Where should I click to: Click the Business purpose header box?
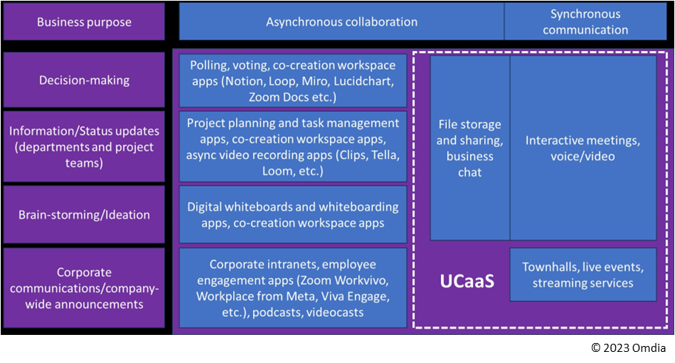[x=84, y=22]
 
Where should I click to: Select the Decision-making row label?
[x=84, y=79]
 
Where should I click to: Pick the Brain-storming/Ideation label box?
[x=84, y=215]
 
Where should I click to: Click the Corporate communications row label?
[x=84, y=288]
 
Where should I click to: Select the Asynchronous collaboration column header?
[x=341, y=21]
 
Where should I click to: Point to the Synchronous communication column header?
[x=585, y=21]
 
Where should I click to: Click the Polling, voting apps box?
[x=293, y=79]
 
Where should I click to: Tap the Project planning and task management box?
[x=293, y=146]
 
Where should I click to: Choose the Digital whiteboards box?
[x=293, y=215]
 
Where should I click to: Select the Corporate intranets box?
[x=293, y=288]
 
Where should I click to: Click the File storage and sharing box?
[x=469, y=148]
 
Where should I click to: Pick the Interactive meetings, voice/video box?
[x=583, y=148]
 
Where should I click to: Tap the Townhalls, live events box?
[x=583, y=274]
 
